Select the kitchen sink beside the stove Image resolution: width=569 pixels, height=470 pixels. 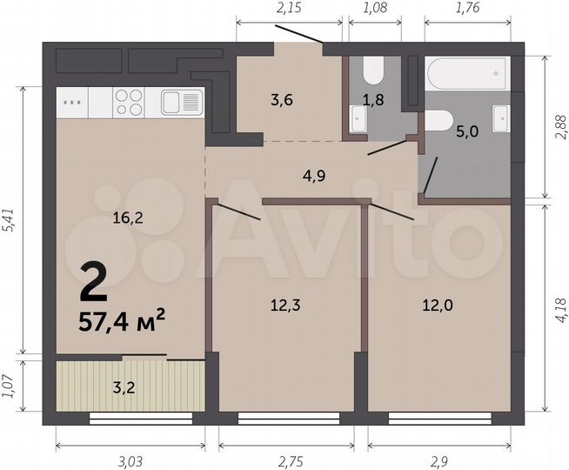click(x=181, y=103)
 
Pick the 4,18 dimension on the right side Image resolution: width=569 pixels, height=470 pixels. click(x=560, y=309)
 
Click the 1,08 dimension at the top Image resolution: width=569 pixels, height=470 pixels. click(x=373, y=10)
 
